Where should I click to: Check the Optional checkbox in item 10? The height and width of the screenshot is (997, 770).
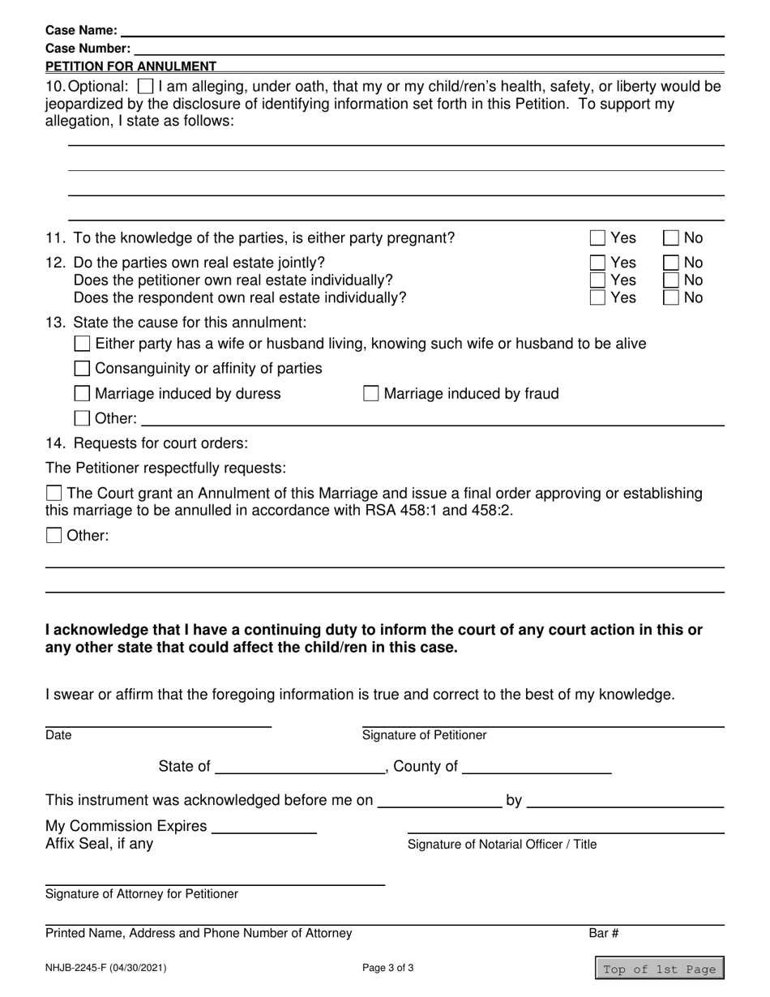pyautogui.click(x=145, y=86)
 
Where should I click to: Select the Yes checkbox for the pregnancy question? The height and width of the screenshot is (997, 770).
pyautogui.click(x=597, y=238)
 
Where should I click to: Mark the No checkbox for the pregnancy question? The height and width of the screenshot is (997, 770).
pyautogui.click(x=671, y=238)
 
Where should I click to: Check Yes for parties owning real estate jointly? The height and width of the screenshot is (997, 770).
pyautogui.click(x=597, y=263)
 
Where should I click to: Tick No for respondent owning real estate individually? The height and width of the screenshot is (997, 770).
pyautogui.click(x=671, y=297)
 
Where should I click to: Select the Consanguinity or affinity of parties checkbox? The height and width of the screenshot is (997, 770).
pyautogui.click(x=82, y=369)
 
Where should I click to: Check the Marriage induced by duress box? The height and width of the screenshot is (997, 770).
pyautogui.click(x=82, y=394)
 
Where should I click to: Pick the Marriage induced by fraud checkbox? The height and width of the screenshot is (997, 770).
pyautogui.click(x=370, y=394)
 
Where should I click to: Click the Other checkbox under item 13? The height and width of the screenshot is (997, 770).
pyautogui.click(x=82, y=419)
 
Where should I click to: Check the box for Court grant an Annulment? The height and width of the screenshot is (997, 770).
pyautogui.click(x=53, y=494)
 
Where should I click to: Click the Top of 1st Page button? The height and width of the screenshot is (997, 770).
pyautogui.click(x=659, y=969)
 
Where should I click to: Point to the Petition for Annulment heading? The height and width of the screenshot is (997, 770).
pyautogui.click(x=130, y=66)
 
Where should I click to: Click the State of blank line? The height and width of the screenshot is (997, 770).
pyautogui.click(x=299, y=768)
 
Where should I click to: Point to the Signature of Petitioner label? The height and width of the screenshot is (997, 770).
pyautogui.click(x=424, y=735)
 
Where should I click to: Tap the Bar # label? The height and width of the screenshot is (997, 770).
pyautogui.click(x=604, y=933)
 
